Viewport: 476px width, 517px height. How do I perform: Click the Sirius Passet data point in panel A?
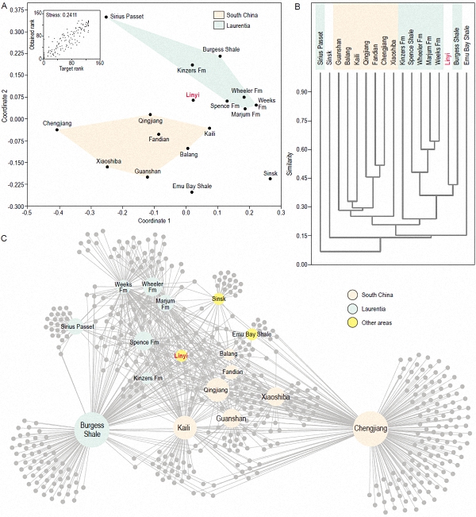pos(106,16)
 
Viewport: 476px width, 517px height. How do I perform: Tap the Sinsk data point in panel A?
pos(270,179)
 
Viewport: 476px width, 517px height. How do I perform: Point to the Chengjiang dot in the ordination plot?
pos(57,129)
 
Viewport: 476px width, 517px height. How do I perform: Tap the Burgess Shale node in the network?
pos(93,430)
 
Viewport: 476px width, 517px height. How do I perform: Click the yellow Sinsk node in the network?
pos(219,299)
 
